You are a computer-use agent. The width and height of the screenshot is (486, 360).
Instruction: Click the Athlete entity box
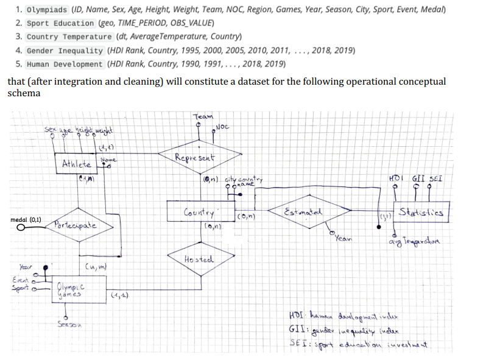[77, 164]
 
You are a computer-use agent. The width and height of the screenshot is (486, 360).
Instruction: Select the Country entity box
[199, 214]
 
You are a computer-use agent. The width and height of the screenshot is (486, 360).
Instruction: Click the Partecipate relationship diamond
[75, 225]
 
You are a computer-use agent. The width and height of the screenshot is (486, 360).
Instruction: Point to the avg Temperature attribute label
[421, 245]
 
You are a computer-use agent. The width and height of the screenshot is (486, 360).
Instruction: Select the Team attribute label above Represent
[203, 116]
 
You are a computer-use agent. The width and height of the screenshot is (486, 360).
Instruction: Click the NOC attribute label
[223, 127]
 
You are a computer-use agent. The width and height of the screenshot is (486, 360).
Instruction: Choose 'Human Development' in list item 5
[66, 64]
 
